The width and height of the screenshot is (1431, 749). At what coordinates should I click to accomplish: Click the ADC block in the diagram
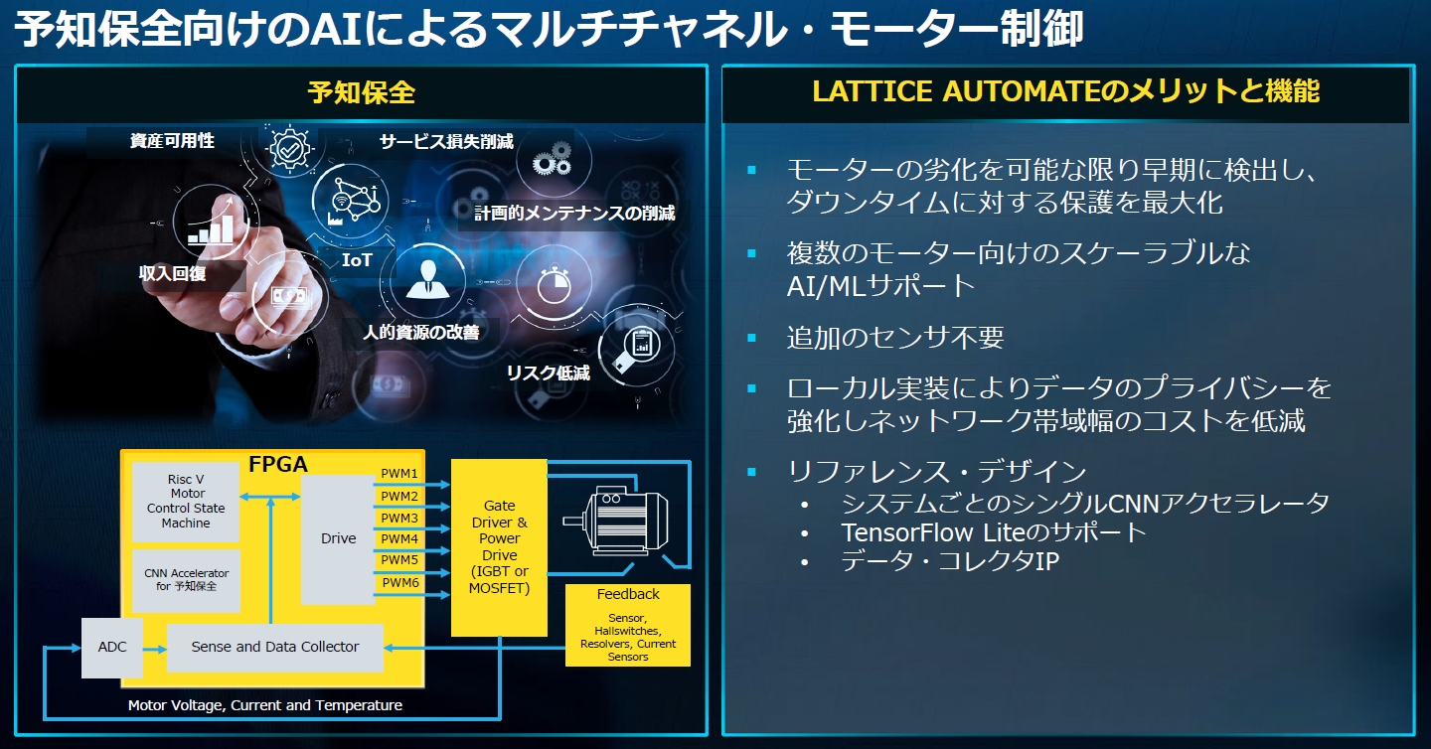(x=112, y=647)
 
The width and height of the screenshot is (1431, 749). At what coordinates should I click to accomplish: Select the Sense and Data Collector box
(x=274, y=647)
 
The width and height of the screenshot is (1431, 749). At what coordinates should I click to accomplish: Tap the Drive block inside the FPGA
(x=338, y=538)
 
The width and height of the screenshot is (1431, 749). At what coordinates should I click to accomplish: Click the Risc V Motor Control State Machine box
(x=186, y=502)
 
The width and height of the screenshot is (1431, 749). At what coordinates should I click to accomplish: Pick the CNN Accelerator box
(x=186, y=580)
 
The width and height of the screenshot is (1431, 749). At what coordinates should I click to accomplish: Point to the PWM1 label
(x=399, y=474)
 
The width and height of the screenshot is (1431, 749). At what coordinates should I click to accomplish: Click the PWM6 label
(x=399, y=583)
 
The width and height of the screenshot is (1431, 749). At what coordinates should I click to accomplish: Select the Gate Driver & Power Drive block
(x=499, y=547)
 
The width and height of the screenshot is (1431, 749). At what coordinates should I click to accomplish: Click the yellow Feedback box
(x=627, y=624)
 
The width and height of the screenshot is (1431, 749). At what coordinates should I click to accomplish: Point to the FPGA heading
(x=277, y=465)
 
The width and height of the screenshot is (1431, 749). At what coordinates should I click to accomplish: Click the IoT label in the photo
(x=357, y=260)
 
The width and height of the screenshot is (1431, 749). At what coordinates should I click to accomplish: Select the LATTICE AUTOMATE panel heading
(x=1065, y=91)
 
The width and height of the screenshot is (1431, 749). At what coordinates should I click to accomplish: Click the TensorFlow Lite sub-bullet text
(x=994, y=531)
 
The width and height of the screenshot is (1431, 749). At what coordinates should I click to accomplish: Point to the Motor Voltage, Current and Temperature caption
(x=265, y=705)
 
